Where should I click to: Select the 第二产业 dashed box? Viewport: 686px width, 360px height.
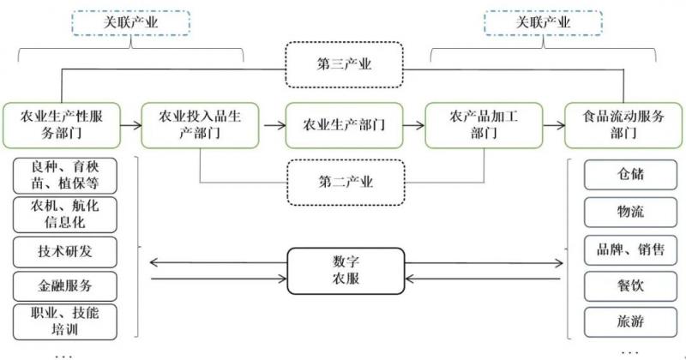point(344,182)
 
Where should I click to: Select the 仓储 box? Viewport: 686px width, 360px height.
point(624,174)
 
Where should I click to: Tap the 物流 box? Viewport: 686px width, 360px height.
point(624,211)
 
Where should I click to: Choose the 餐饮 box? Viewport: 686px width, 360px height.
point(624,285)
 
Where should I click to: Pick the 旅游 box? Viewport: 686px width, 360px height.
point(624,322)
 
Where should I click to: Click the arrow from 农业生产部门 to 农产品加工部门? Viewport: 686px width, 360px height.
point(412,124)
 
